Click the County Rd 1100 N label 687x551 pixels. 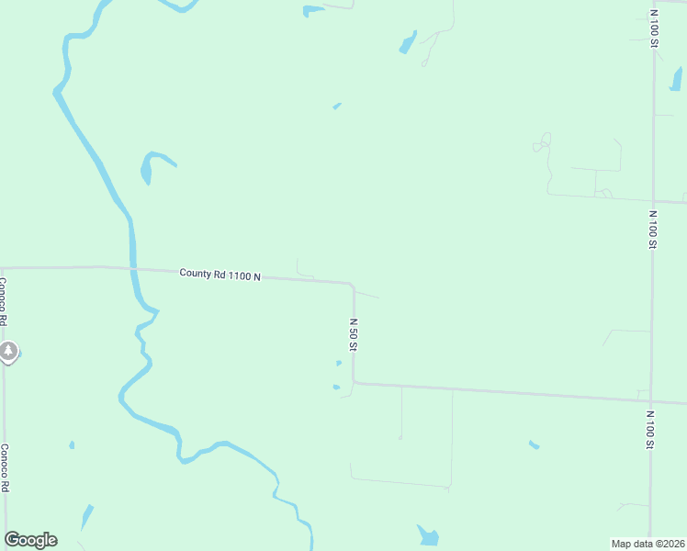point(220,274)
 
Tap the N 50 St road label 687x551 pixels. point(352,335)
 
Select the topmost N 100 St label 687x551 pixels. point(653,28)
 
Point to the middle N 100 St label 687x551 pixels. point(651,230)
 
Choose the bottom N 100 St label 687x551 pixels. point(648,430)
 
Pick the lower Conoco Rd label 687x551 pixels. point(5,469)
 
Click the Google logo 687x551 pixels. point(30,540)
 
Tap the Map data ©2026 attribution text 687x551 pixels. point(648,544)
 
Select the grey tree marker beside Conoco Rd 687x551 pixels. point(8,351)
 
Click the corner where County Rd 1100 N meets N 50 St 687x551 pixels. point(353,285)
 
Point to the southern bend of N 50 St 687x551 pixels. point(354,382)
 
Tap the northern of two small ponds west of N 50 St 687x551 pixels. point(338,364)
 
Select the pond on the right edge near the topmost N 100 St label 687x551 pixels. point(677,80)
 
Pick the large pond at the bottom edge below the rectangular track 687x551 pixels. point(428,535)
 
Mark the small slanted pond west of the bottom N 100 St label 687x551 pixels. point(534,445)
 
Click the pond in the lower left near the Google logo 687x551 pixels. point(87,516)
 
